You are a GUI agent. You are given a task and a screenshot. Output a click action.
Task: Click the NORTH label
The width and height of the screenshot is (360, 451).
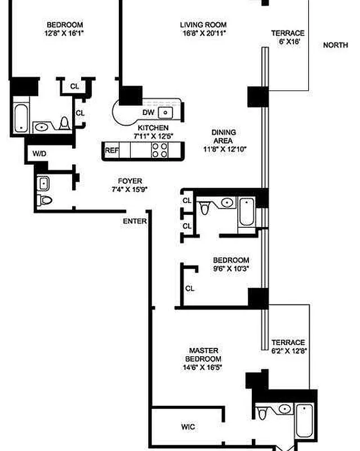(335, 45)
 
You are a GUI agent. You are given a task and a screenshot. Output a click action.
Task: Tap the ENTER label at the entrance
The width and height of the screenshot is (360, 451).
(135, 221)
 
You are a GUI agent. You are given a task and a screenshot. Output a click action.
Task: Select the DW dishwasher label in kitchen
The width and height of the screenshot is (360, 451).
(148, 112)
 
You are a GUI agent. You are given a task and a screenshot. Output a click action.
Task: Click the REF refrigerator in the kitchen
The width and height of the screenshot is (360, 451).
(112, 150)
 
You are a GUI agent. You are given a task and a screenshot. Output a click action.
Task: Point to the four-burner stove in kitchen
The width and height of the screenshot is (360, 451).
(159, 150)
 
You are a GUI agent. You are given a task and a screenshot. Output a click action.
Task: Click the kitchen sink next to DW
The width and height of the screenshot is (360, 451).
(165, 113)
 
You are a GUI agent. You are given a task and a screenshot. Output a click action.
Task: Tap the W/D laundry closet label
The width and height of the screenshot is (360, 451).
(39, 153)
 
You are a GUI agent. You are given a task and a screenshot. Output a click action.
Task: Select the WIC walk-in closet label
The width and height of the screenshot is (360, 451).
(188, 427)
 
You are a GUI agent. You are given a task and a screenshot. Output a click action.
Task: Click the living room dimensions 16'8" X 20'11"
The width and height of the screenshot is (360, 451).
(204, 33)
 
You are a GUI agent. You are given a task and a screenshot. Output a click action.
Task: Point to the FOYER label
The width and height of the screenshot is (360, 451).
(130, 181)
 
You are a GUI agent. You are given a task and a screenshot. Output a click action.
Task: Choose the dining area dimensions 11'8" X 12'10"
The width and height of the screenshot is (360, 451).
(225, 149)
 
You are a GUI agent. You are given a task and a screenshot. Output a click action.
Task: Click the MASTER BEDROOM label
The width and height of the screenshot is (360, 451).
(203, 355)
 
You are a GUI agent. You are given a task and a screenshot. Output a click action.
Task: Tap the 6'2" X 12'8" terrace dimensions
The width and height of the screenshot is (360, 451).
(289, 351)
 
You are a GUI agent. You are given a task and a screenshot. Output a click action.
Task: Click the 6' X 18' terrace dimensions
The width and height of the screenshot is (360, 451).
(290, 42)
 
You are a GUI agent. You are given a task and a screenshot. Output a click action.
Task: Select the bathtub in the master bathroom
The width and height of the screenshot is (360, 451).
(304, 421)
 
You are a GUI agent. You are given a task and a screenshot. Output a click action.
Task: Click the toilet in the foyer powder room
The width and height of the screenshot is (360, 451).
(45, 200)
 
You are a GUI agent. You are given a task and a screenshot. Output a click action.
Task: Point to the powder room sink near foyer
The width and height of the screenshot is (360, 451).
(43, 184)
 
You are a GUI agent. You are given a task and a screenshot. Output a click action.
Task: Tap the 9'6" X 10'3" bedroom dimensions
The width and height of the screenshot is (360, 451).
(231, 269)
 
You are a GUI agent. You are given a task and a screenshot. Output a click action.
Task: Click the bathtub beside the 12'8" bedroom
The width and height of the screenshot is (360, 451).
(21, 118)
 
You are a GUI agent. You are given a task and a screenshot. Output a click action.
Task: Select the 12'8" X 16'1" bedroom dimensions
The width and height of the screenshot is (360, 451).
(64, 33)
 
